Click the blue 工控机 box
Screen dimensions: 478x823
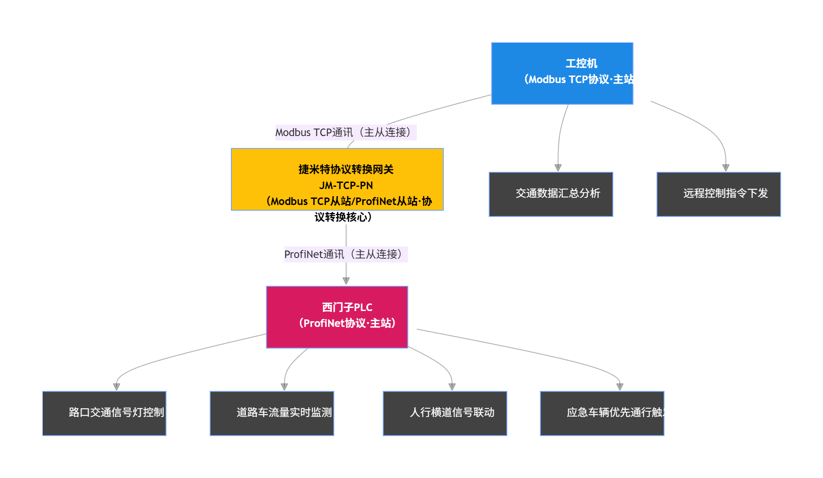point(562,73)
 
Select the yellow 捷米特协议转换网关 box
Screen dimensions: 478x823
point(337,179)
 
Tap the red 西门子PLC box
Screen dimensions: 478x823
point(337,317)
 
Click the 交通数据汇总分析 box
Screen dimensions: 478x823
point(551,194)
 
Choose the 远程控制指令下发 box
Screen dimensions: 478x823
point(718,194)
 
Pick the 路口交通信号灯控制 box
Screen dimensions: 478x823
point(104,413)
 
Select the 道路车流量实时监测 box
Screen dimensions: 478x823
point(272,413)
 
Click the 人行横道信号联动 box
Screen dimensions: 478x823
point(445,413)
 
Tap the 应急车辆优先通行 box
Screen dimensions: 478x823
point(602,413)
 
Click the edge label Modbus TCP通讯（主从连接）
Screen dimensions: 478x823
point(346,132)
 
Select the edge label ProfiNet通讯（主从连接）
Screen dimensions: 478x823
point(346,254)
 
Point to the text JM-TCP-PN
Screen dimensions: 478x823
point(346,186)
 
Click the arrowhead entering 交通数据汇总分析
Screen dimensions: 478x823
point(558,168)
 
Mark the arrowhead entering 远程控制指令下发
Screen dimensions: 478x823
point(725,168)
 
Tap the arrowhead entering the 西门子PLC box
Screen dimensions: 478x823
point(346,281)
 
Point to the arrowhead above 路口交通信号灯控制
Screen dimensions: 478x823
point(117,387)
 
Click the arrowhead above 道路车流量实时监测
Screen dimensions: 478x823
point(284,387)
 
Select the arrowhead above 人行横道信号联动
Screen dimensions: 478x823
point(452,387)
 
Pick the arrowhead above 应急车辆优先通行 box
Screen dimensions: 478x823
point(620,387)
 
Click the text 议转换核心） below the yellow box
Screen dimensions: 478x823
point(343,217)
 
